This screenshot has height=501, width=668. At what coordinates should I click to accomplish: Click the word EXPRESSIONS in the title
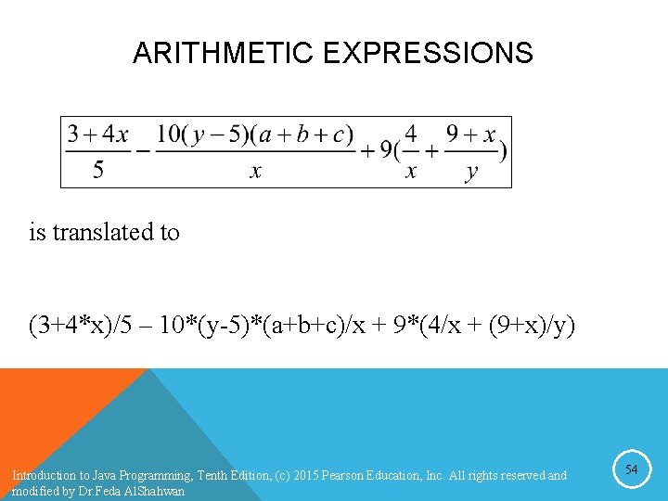click(x=428, y=53)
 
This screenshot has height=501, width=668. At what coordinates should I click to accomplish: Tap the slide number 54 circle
click(x=631, y=470)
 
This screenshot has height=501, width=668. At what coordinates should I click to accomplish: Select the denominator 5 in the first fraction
click(x=98, y=171)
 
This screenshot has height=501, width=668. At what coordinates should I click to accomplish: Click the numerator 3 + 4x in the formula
click(x=98, y=135)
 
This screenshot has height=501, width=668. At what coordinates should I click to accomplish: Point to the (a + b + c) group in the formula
click(x=304, y=135)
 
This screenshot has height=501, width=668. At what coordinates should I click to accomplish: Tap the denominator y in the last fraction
click(x=472, y=172)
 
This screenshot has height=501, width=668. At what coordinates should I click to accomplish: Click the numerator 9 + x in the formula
click(x=471, y=135)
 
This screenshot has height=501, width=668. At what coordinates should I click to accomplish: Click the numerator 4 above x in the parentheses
click(x=411, y=135)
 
